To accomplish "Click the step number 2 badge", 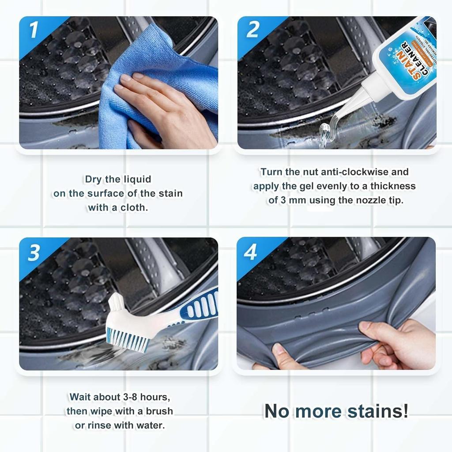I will click(252, 30).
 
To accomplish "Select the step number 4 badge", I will click(251, 252).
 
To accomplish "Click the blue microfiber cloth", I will click(132, 57).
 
